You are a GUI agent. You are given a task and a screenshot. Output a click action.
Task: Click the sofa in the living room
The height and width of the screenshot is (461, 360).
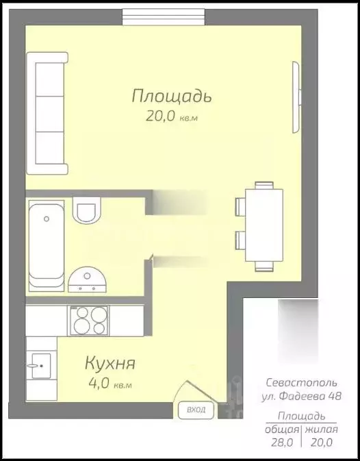[47, 116]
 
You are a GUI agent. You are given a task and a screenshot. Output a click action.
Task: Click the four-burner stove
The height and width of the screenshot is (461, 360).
[90, 320]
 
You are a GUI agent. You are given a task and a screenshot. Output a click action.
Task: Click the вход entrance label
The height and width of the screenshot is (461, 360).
[196, 410]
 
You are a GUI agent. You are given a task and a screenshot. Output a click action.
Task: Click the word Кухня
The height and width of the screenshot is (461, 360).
[110, 362]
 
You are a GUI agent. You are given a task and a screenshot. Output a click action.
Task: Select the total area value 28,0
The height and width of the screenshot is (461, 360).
[283, 443]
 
